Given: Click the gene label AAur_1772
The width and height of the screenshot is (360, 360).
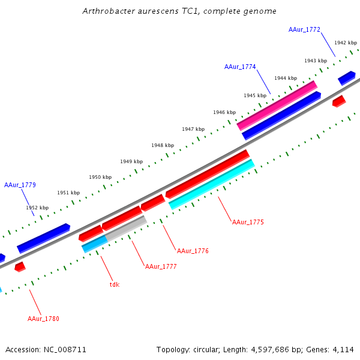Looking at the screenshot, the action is coord(304,29).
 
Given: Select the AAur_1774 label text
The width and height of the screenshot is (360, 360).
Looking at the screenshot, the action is coord(240,67).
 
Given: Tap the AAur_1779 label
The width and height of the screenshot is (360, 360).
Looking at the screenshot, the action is coord(20,185).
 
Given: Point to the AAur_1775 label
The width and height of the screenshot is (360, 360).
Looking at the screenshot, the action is coord(248,222).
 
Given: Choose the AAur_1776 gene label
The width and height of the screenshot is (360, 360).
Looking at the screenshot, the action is coord(193,251).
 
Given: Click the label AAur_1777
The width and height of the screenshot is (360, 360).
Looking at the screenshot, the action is coord(161,266).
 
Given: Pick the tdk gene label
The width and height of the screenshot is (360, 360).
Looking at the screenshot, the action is coord(115,284).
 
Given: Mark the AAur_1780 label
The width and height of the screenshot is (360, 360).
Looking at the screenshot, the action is coord(43,319).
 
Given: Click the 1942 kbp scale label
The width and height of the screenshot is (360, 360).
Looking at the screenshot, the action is coord(346,43).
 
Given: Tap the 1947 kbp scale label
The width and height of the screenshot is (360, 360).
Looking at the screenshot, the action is coord(193,129).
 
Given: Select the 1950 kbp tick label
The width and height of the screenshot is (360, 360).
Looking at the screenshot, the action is coord(100,177).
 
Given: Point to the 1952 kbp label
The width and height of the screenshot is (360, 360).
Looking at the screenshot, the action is coord(37,208).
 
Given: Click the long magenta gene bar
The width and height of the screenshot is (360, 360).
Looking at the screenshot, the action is coord(277,105).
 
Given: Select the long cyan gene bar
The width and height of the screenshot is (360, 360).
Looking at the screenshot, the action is coord(212,184).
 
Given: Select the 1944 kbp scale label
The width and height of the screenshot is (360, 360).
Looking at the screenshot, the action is coord(286,78).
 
